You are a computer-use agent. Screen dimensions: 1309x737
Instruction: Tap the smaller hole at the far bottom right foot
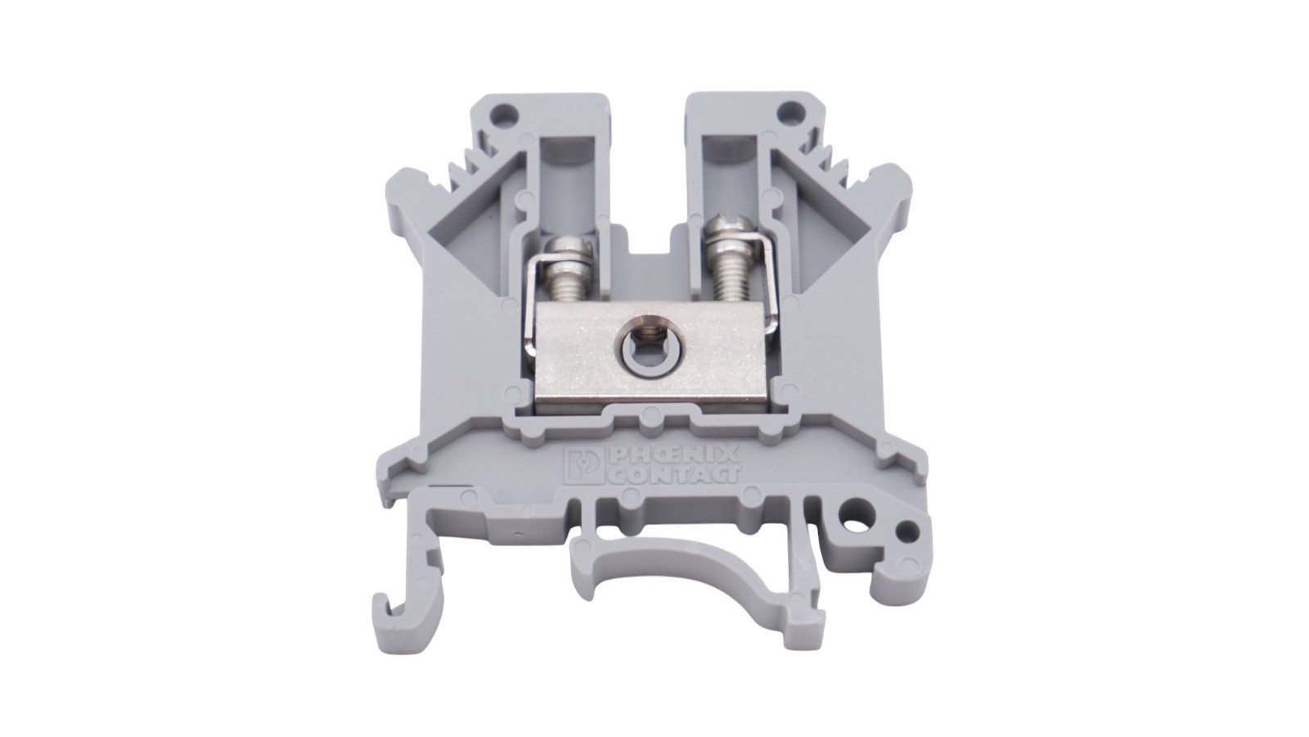click(x=905, y=530)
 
